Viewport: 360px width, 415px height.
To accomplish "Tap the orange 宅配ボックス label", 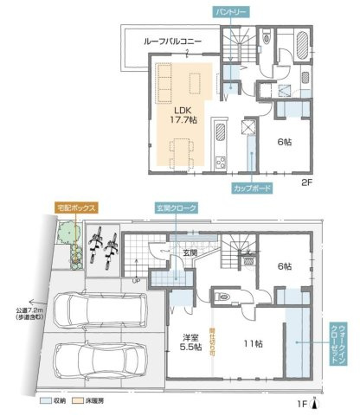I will tap(76, 207).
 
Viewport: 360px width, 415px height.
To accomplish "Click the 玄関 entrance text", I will tap(190, 252).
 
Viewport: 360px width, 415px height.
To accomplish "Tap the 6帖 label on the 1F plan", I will tap(283, 266).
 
